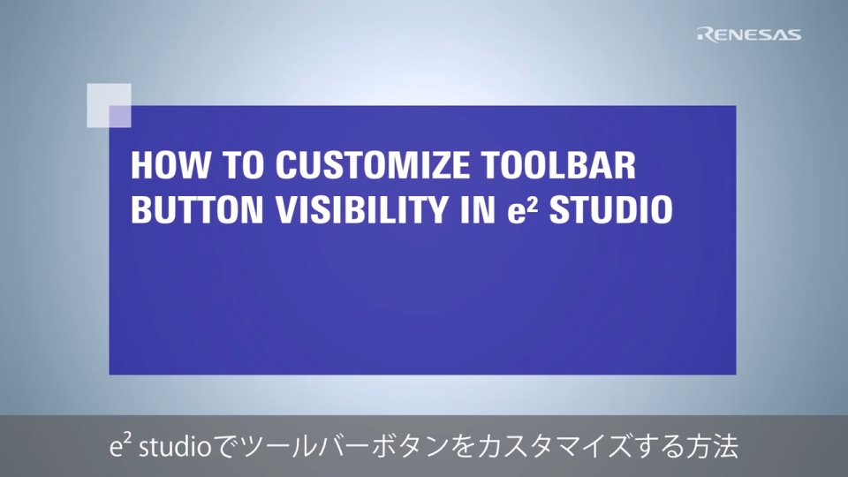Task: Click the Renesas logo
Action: tap(749, 34)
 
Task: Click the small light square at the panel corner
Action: tap(109, 105)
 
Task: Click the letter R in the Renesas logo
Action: tap(705, 34)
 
